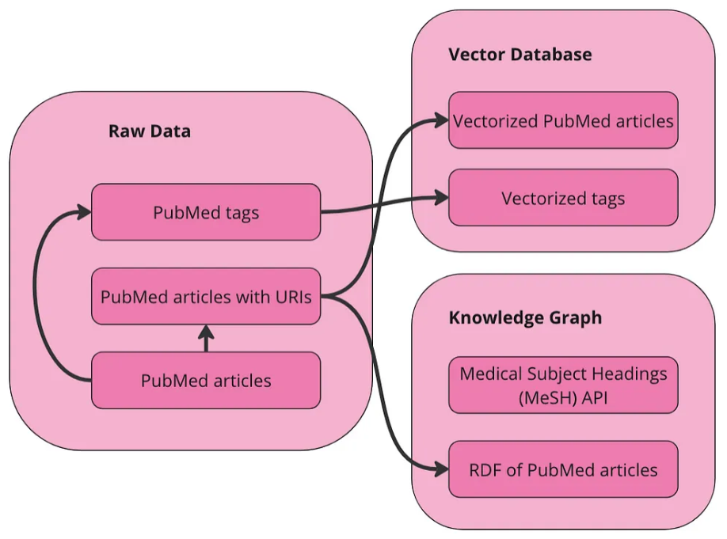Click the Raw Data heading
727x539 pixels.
point(150,131)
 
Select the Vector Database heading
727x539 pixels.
point(520,55)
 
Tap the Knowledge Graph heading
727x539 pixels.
point(525,318)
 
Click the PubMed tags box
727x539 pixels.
point(206,212)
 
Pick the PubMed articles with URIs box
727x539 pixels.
point(206,298)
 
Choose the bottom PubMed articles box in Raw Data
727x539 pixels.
point(206,381)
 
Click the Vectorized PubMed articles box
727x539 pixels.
point(563,121)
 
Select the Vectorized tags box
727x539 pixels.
point(563,198)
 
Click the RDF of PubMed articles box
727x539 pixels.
point(563,470)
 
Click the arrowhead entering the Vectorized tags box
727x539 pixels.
point(441,198)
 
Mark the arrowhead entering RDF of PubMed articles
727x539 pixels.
point(441,470)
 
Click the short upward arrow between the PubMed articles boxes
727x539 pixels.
point(206,338)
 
